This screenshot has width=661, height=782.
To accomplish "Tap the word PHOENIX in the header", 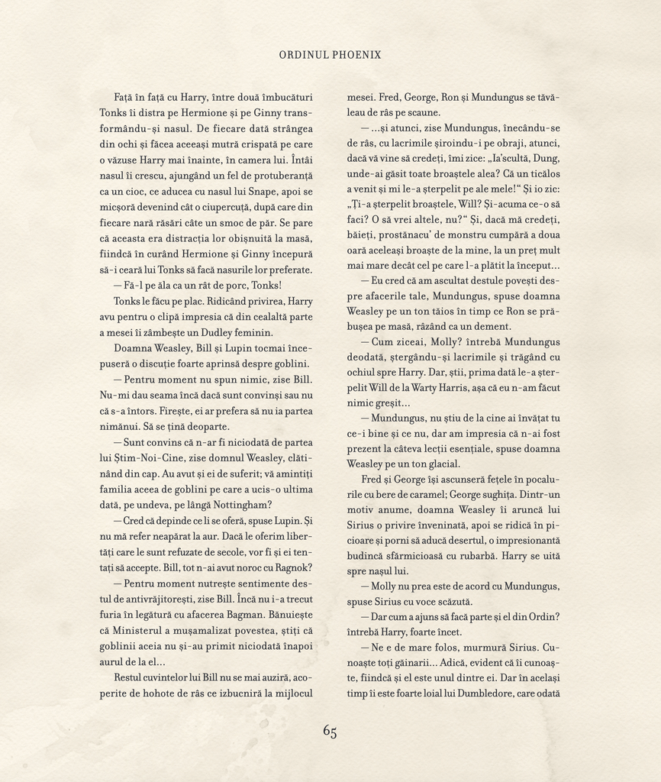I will click(356, 55).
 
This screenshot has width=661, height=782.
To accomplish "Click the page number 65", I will click(330, 731).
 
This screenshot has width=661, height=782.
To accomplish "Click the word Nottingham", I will click(237, 505).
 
